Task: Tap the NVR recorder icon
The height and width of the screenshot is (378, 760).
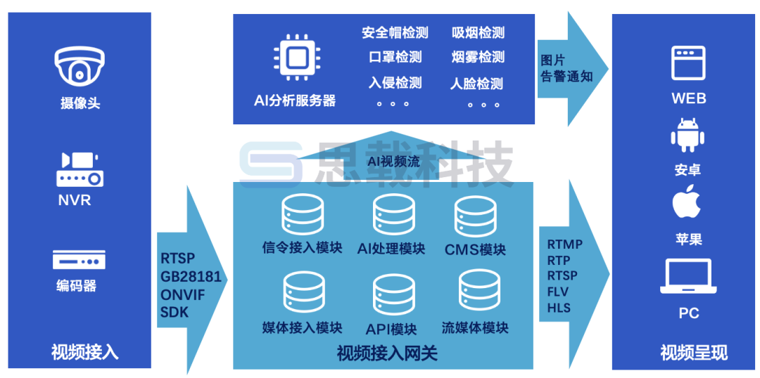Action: pos(80,168)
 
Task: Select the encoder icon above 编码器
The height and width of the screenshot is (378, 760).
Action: pos(79,260)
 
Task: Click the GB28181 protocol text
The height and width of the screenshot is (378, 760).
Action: pos(191,276)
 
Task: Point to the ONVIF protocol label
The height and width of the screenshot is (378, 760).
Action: pos(182,294)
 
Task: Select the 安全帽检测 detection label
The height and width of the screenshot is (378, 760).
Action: pos(395,32)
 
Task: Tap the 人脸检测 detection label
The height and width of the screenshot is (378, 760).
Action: pos(476,84)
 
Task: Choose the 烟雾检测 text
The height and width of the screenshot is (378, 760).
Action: pos(478,58)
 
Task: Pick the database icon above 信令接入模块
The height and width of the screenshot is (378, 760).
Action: pos(303,214)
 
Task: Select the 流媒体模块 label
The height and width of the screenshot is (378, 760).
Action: pos(475,327)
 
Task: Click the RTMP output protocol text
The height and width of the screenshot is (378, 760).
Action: pos(564,245)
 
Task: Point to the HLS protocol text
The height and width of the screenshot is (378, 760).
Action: pos(559,308)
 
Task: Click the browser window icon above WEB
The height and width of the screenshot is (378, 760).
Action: pos(688,63)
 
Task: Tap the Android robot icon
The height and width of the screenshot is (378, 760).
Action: pos(688,135)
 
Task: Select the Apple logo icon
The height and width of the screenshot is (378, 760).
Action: pos(688,203)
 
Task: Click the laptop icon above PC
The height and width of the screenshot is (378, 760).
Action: pos(688,277)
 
